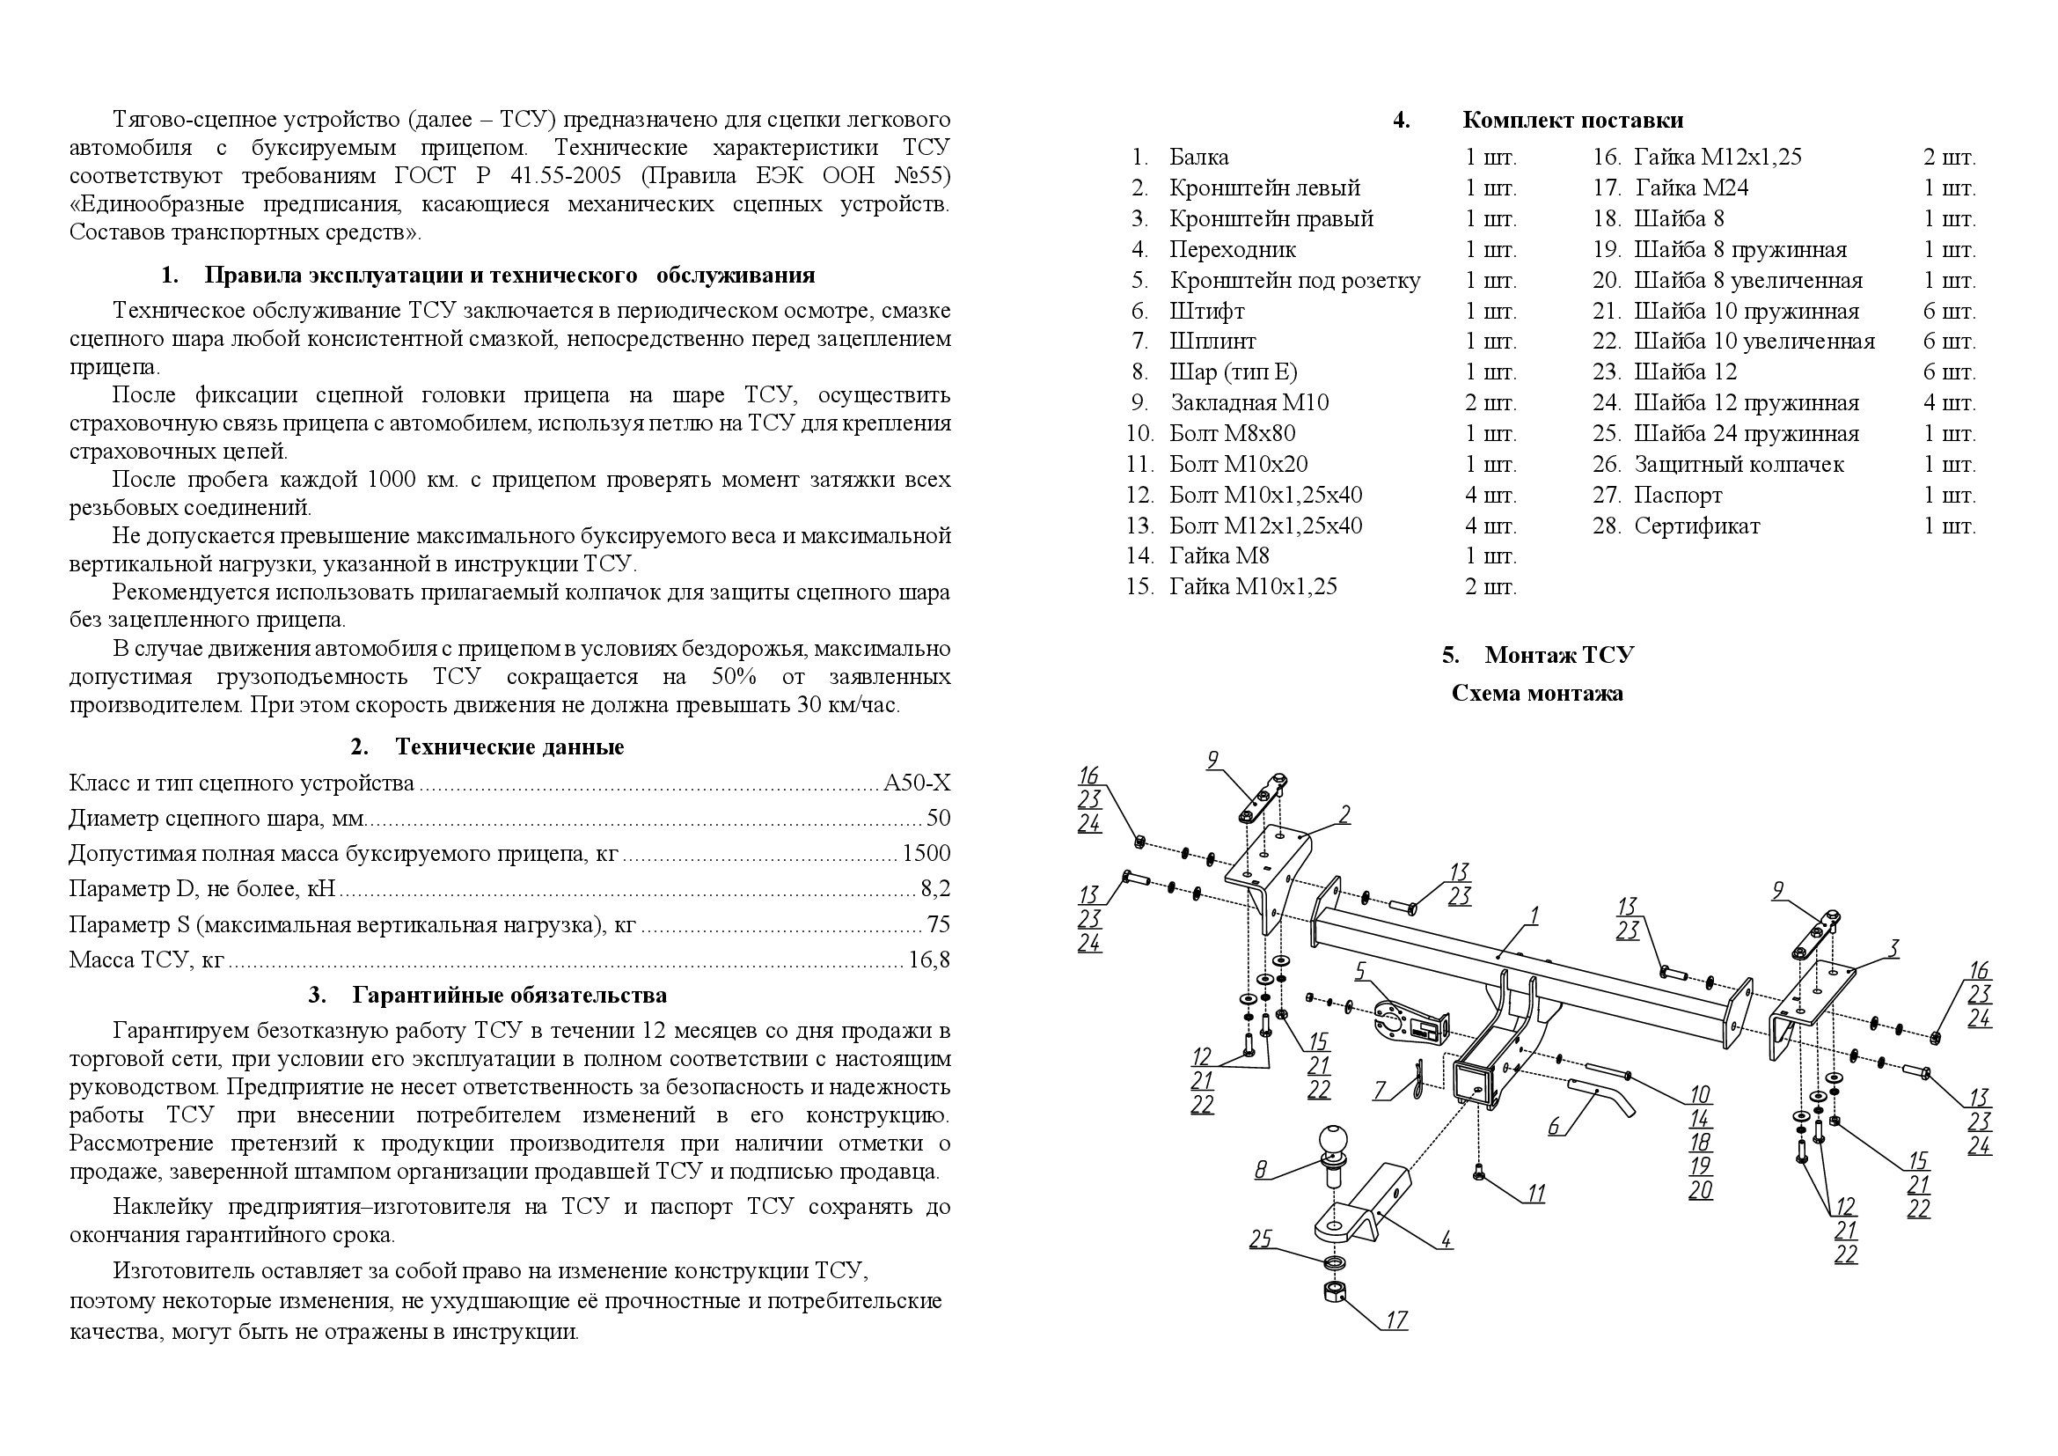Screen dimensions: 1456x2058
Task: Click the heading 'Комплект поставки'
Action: click(x=1572, y=120)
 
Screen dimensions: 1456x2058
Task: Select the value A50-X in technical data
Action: click(x=916, y=783)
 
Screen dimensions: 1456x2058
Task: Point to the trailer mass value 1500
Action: click(x=926, y=854)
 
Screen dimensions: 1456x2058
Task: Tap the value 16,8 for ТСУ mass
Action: click(x=928, y=960)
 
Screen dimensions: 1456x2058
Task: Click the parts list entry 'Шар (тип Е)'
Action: click(x=1233, y=372)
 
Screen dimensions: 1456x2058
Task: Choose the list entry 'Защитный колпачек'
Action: click(x=1738, y=465)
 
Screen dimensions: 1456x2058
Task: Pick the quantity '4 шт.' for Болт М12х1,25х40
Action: click(x=1490, y=526)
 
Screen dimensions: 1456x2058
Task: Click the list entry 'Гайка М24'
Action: click(x=1691, y=188)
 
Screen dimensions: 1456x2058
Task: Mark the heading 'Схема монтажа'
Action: click(x=1536, y=694)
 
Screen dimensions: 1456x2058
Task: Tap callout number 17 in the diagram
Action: click(x=1396, y=1320)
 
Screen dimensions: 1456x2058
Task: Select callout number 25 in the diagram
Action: click(x=1261, y=1239)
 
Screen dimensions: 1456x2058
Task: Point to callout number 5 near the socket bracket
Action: click(x=1359, y=971)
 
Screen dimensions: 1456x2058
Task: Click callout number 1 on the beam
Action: click(x=1534, y=916)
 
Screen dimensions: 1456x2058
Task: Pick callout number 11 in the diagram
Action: click(x=1536, y=1194)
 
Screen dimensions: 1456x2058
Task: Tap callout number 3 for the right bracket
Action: click(x=1892, y=948)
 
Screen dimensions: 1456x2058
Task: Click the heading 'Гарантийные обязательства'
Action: click(x=509, y=996)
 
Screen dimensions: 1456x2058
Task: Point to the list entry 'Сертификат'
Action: click(x=1696, y=526)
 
